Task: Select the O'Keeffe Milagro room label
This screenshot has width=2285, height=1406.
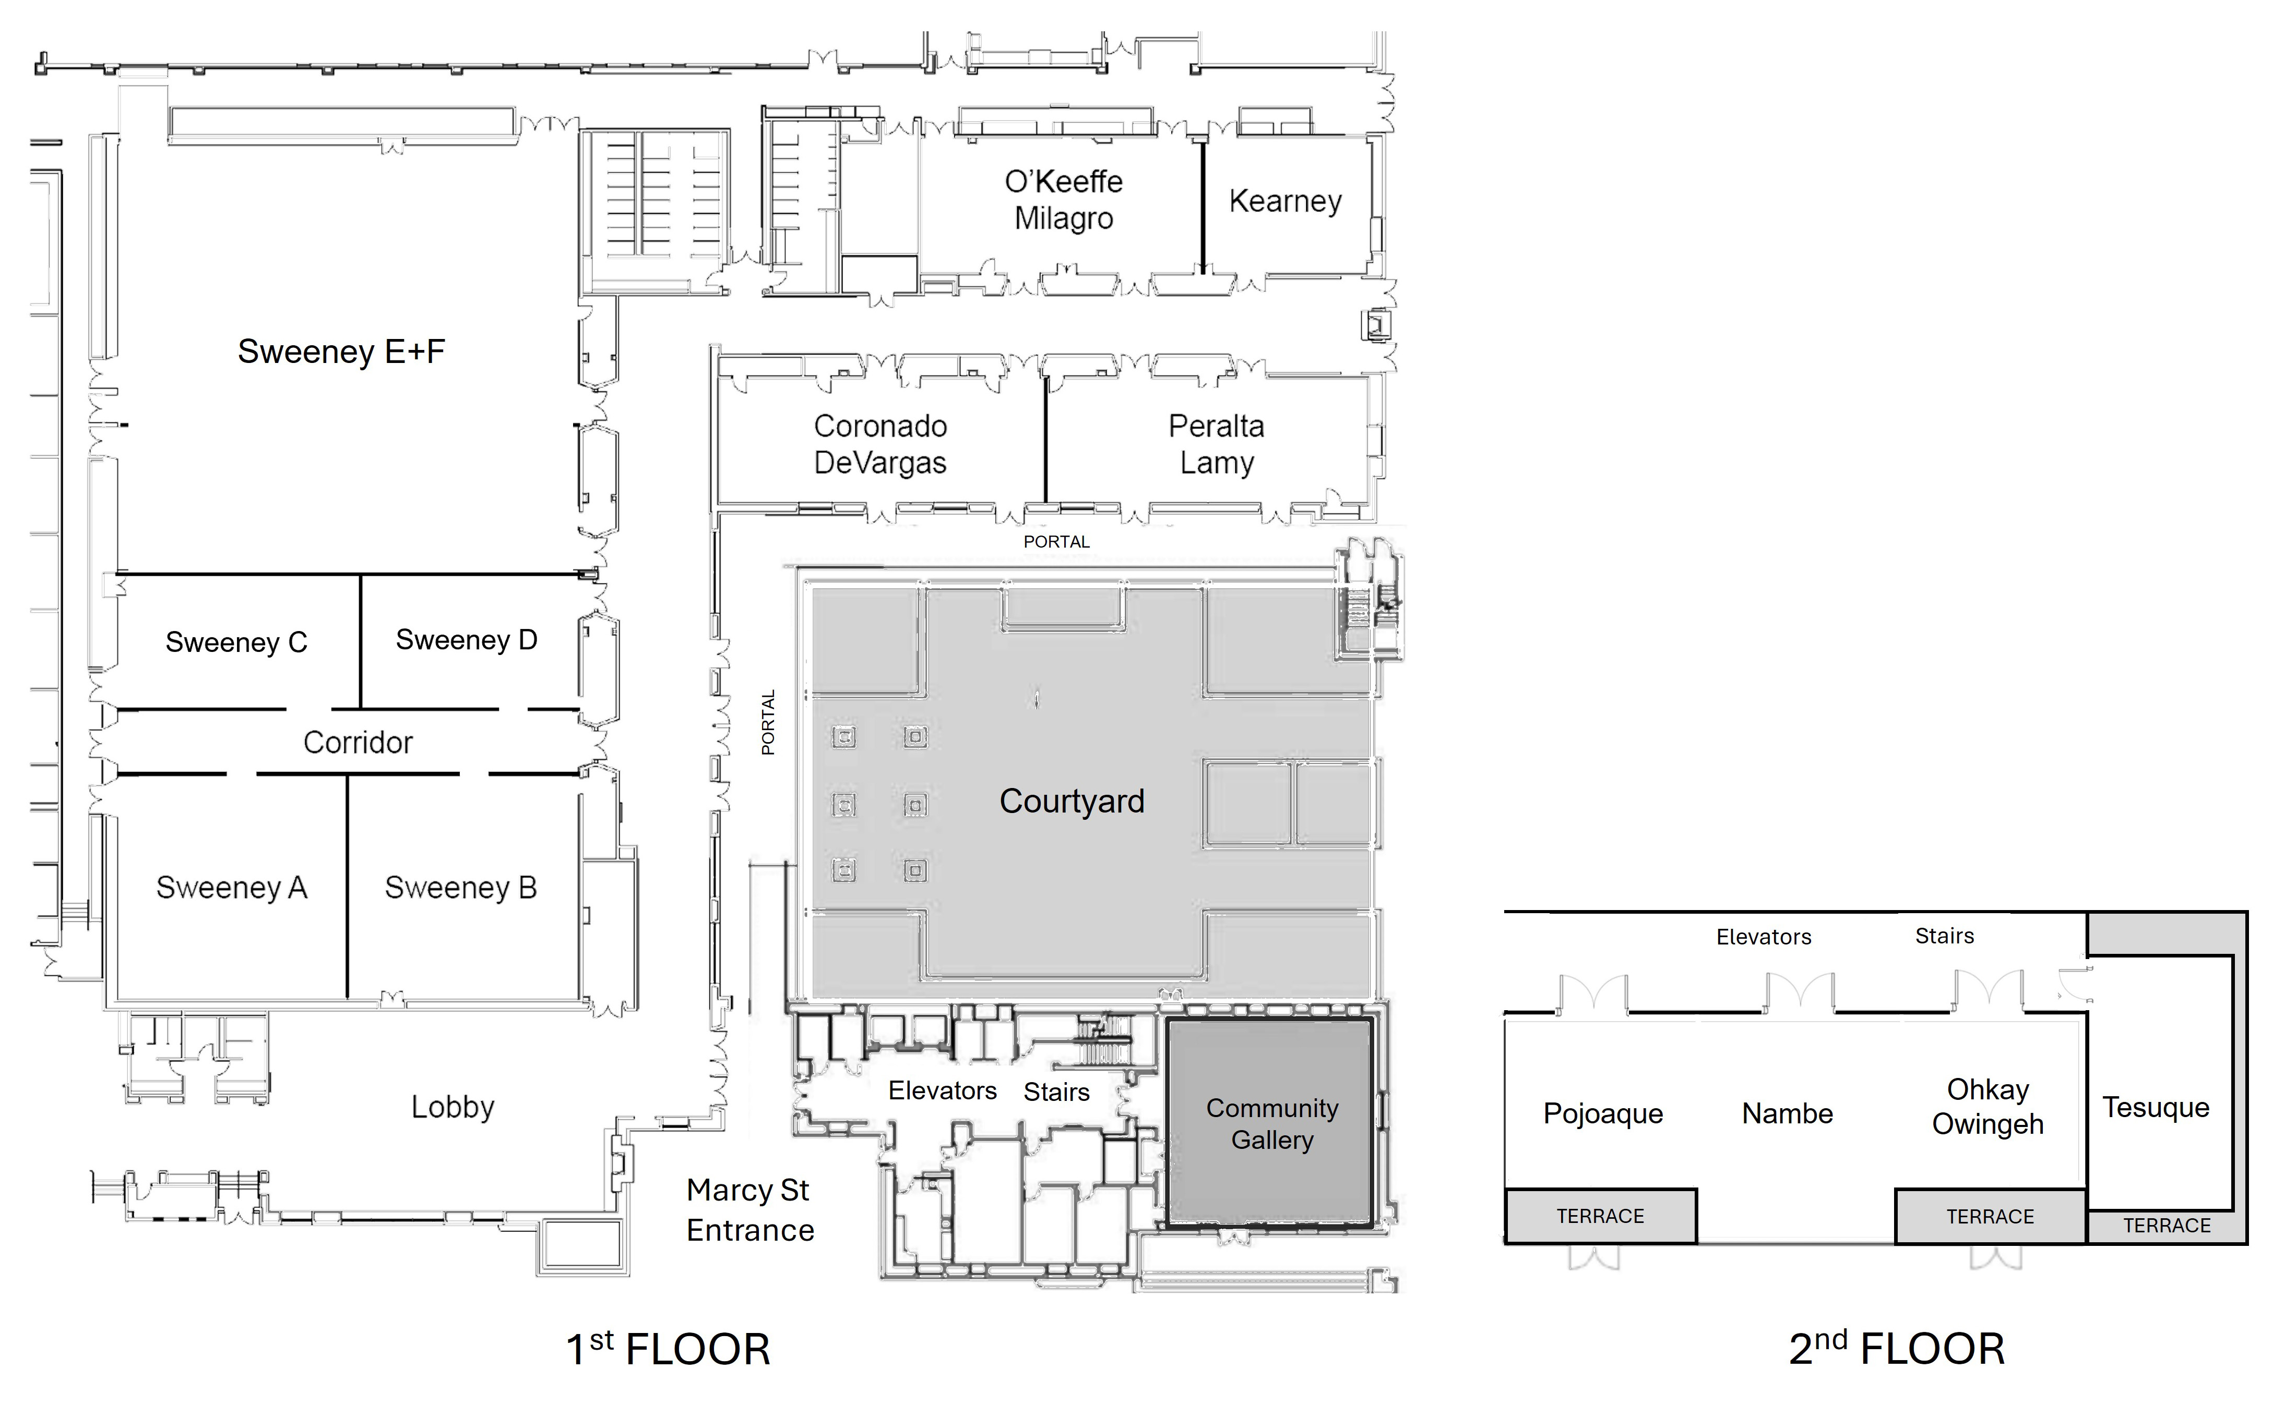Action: [1063, 200]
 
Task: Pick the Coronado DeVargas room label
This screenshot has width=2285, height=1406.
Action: [880, 444]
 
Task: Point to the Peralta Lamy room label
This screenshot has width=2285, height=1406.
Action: [1216, 444]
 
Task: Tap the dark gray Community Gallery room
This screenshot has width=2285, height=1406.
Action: [1271, 1123]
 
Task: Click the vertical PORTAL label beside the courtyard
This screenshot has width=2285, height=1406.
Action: [768, 722]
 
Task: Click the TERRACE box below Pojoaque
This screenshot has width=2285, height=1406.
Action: [1600, 1216]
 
